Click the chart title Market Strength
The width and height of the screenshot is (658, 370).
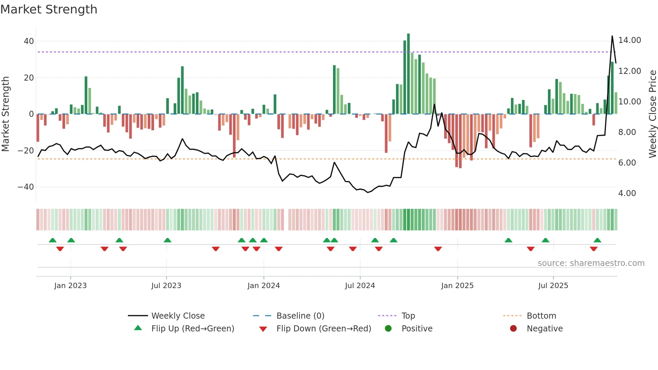[x=49, y=9]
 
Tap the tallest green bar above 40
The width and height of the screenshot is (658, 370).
[x=408, y=74]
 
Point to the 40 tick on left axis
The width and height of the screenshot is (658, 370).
[x=29, y=41]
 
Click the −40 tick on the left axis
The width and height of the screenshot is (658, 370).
[x=26, y=187]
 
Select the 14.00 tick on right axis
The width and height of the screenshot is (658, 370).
[x=629, y=40]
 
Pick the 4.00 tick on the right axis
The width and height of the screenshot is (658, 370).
[x=627, y=193]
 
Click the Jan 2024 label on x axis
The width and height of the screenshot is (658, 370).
[x=264, y=286]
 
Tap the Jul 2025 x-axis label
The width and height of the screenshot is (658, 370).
[x=553, y=286]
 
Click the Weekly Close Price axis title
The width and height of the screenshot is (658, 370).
[x=652, y=114]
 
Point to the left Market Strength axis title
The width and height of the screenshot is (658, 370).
[x=6, y=114]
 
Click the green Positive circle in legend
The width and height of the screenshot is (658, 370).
[x=388, y=329]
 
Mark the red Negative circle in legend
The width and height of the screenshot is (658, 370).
[x=513, y=329]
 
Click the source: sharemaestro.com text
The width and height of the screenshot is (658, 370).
[x=591, y=263]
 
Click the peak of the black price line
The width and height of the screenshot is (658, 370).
[x=612, y=36]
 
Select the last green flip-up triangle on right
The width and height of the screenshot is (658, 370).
[x=597, y=240]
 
